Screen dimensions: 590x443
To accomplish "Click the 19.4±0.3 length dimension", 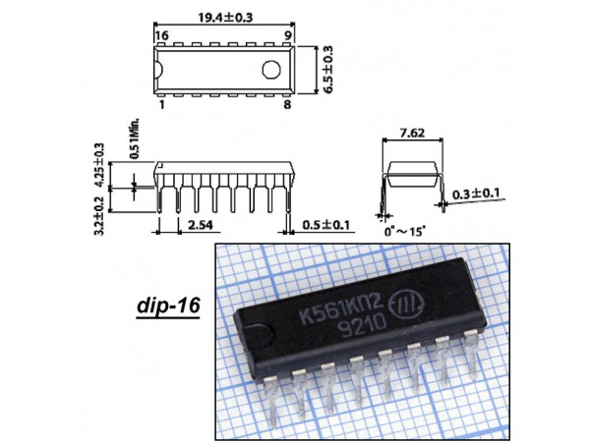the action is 225,18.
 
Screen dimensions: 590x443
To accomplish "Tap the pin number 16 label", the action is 161,35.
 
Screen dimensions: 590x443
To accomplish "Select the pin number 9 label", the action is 288,35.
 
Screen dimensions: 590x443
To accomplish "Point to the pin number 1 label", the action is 162,104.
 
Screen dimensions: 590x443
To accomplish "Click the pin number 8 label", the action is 287,104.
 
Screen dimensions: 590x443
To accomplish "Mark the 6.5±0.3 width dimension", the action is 327,70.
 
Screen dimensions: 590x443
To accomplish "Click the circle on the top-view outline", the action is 271,70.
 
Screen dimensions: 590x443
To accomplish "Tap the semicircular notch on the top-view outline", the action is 158,70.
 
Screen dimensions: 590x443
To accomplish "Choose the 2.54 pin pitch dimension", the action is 201,225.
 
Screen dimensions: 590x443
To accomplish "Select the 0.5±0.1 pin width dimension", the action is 325,225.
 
